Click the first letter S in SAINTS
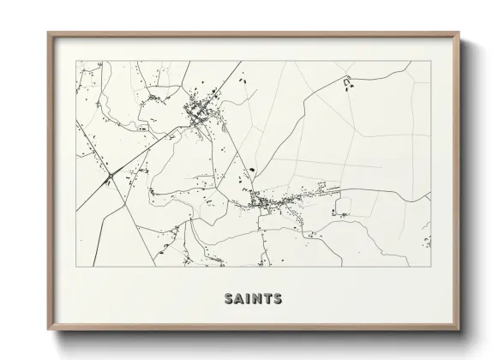pyautogui.click(x=229, y=299)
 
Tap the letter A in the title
pyautogui.click(x=239, y=299)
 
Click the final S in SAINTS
pyautogui.click(x=276, y=299)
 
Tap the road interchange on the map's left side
pyautogui.click(x=110, y=177)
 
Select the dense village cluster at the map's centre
pyautogui.click(x=266, y=201)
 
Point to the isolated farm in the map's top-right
pyautogui.click(x=348, y=83)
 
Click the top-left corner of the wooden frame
pyautogui.click(x=48, y=33)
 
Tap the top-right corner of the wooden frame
pyautogui.click(x=460, y=33)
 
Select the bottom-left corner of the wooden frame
pyautogui.click(x=48, y=330)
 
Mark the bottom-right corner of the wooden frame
pyautogui.click(x=460, y=330)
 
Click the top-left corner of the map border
pyautogui.click(x=76, y=61)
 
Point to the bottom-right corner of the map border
pyautogui.click(x=431, y=266)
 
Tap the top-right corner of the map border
pyautogui.click(x=431, y=61)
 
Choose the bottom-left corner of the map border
pyautogui.click(x=76, y=266)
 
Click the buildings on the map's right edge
pyautogui.click(x=427, y=231)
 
